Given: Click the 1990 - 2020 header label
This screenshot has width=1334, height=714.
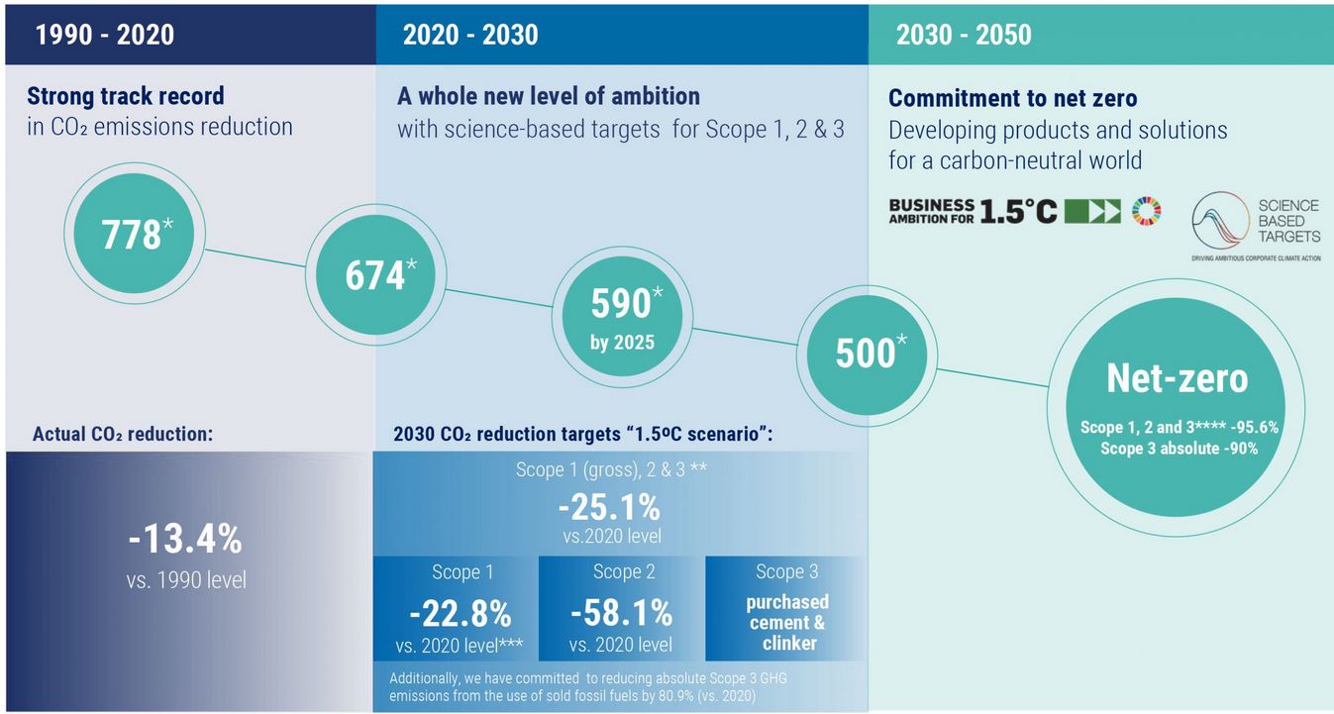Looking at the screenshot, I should tap(105, 35).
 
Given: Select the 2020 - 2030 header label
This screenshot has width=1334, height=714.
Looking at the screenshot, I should tap(470, 35).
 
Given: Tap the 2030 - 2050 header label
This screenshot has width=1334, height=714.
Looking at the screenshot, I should tap(964, 35).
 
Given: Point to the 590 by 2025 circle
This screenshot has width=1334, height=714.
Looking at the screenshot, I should tap(620, 316).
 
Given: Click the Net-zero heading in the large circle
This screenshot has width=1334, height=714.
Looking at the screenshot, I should tap(1177, 377).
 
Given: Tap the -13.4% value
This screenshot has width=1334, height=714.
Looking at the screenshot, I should tap(185, 540).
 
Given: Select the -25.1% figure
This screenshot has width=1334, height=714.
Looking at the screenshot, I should tap(609, 508).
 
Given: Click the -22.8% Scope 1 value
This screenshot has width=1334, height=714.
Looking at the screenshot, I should tap(460, 614).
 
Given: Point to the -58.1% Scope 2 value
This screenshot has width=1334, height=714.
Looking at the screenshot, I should tap(621, 614).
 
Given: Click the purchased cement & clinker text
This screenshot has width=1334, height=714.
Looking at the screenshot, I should tap(787, 622).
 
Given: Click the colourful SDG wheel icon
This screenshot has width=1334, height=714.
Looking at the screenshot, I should tap(1146, 210).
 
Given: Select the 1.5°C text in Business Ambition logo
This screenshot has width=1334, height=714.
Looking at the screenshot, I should tap(1018, 210).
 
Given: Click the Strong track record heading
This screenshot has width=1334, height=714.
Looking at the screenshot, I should tap(126, 96).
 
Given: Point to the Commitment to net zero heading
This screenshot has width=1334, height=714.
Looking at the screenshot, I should tap(1012, 98).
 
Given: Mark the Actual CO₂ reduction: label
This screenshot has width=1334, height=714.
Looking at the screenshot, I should tap(124, 434).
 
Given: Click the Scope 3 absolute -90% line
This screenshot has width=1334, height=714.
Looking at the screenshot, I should tap(1179, 448).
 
